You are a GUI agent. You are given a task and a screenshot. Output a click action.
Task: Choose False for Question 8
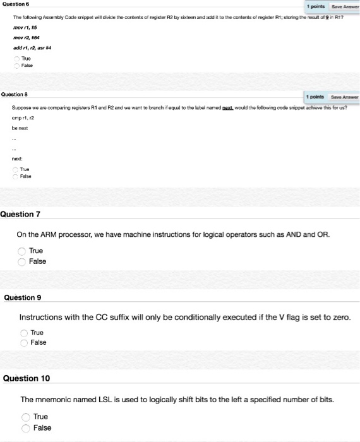point(16,176)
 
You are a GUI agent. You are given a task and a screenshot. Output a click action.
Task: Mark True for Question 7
point(23,251)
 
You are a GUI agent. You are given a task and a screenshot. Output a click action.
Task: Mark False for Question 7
point(23,261)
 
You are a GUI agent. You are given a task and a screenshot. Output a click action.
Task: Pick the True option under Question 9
point(24,332)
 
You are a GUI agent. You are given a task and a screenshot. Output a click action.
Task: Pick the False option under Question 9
point(24,342)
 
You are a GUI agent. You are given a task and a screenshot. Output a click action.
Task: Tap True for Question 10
point(27,417)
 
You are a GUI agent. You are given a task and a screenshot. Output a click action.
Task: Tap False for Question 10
point(27,427)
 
